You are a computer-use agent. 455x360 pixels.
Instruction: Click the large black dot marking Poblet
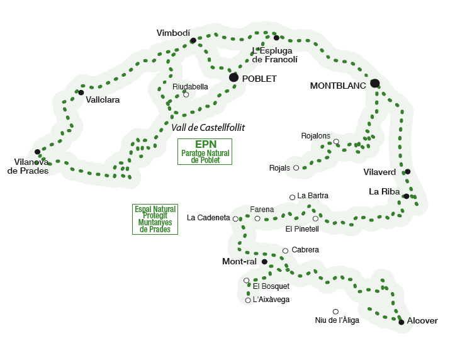(234, 77)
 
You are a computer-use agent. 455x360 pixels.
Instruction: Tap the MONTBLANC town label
(338, 86)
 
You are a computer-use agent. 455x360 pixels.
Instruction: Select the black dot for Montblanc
(375, 83)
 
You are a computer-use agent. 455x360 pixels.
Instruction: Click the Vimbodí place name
(173, 33)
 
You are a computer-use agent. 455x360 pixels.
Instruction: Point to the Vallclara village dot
(81, 93)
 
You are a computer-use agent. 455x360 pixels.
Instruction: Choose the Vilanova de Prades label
(28, 166)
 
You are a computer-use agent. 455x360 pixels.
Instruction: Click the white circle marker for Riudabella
(186, 94)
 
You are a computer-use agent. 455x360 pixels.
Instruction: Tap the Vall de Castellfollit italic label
(208, 127)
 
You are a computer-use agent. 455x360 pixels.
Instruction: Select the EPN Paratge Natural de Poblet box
(205, 152)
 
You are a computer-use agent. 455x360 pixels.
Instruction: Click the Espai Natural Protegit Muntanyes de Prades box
(155, 219)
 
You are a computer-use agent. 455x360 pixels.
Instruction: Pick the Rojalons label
(316, 136)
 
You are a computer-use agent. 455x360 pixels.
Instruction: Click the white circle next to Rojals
(296, 168)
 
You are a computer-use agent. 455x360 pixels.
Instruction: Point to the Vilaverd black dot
(408, 171)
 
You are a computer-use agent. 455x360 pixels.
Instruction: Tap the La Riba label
(384, 191)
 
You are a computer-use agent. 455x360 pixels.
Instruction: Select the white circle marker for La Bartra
(292, 197)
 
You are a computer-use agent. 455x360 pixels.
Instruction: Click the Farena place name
(262, 209)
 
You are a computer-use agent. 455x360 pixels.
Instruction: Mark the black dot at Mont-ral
(265, 261)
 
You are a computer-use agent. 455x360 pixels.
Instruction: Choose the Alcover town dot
(402, 322)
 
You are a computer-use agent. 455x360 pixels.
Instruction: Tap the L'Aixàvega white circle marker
(248, 300)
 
